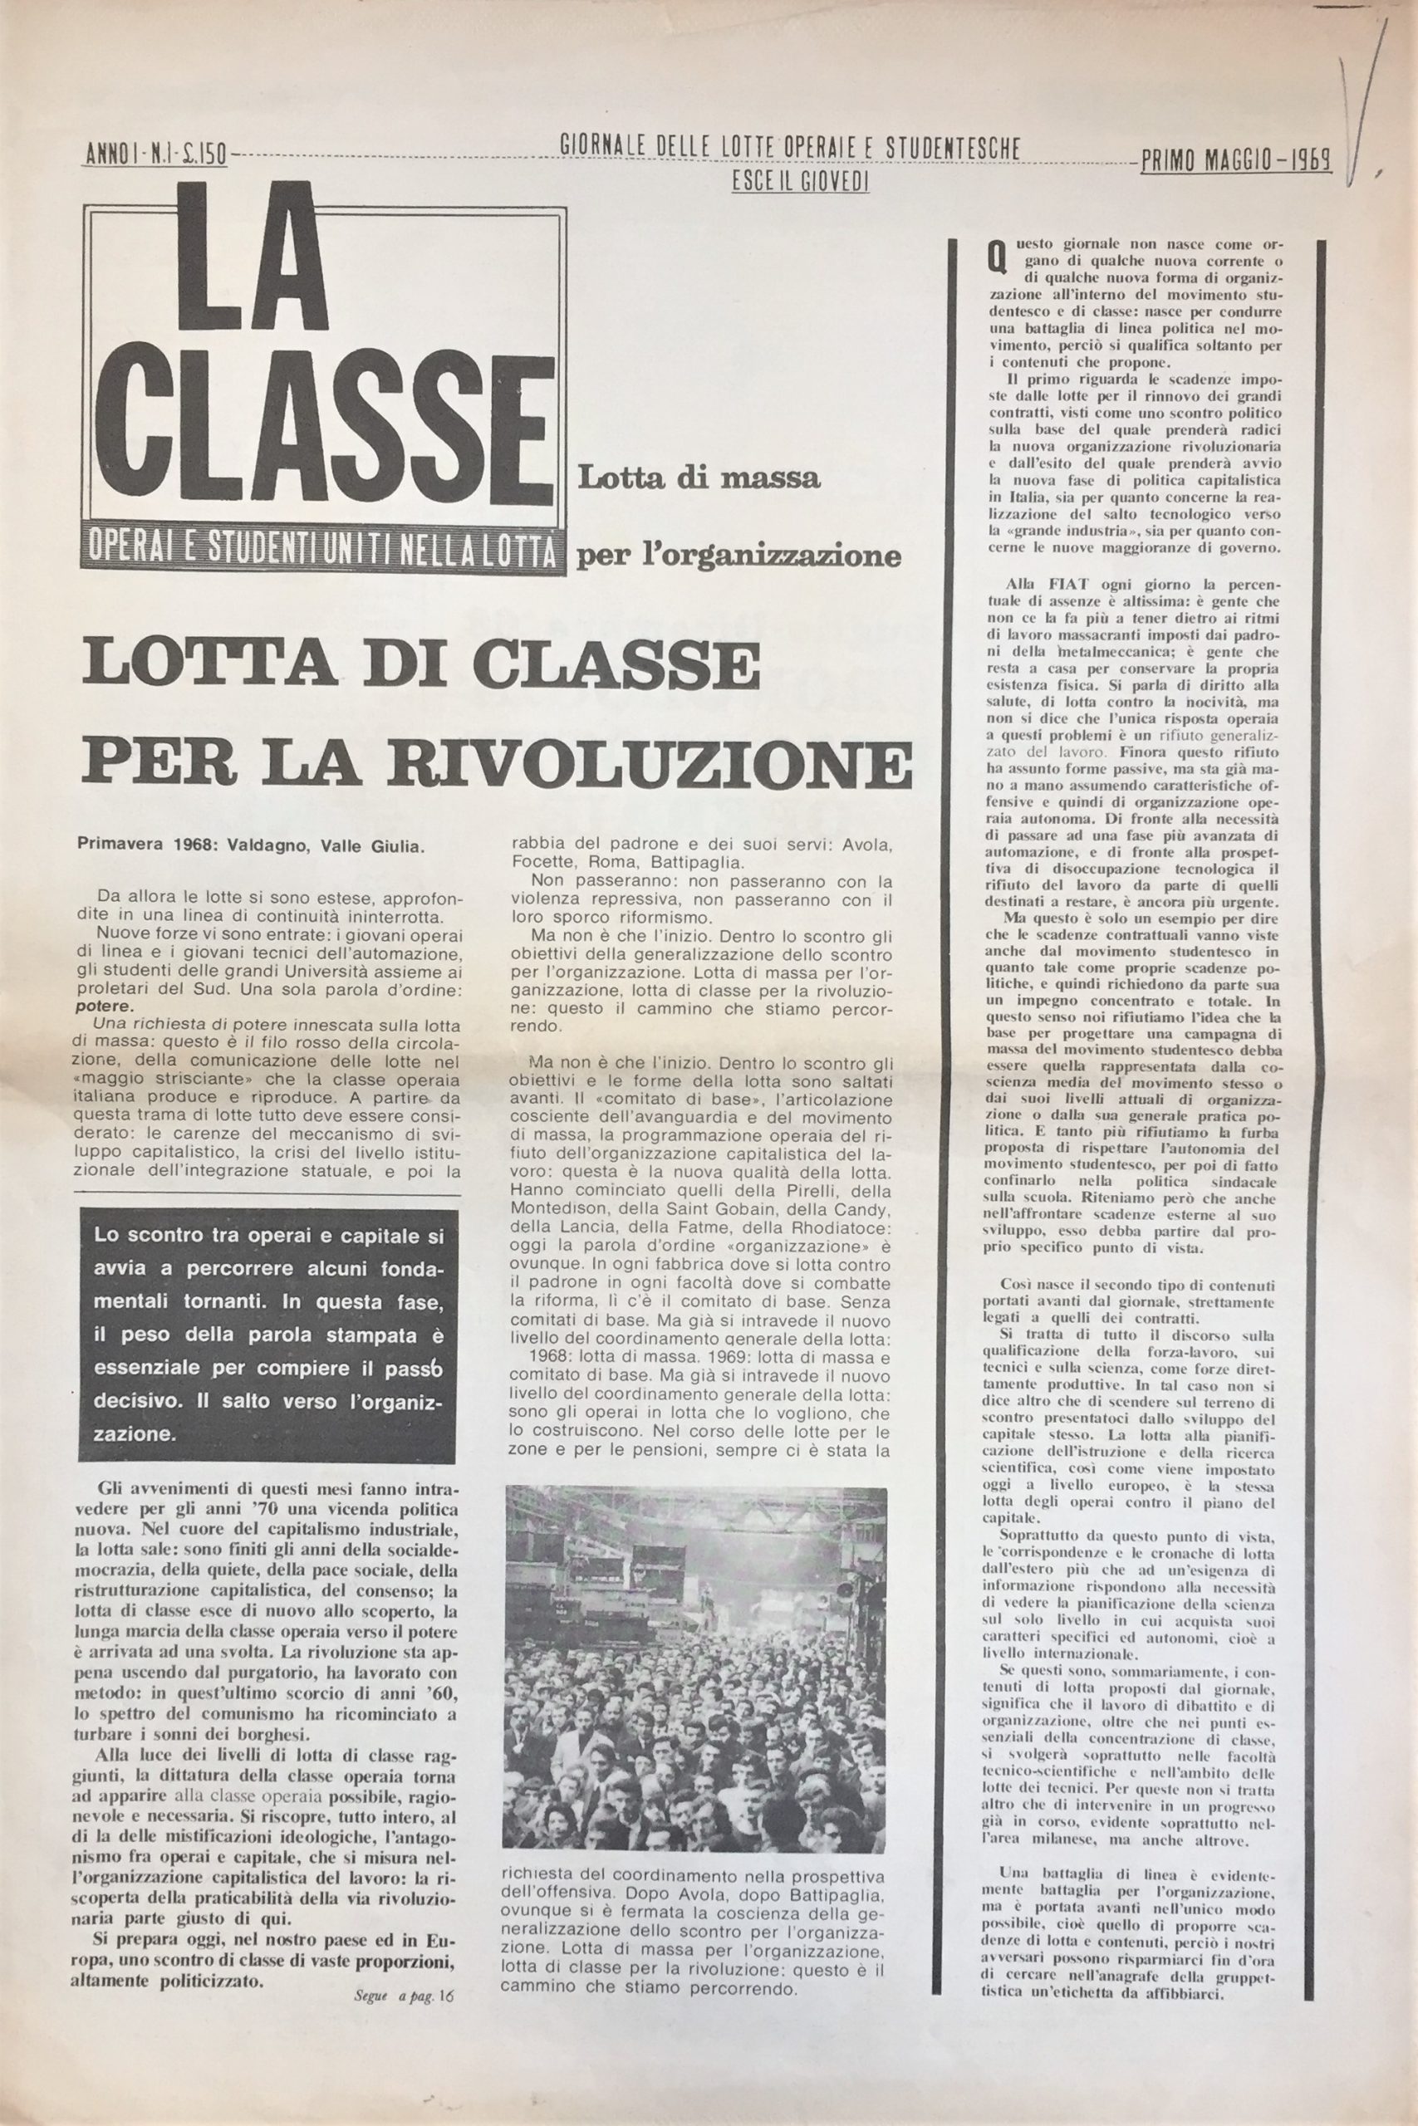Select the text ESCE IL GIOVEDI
tap(800, 181)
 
